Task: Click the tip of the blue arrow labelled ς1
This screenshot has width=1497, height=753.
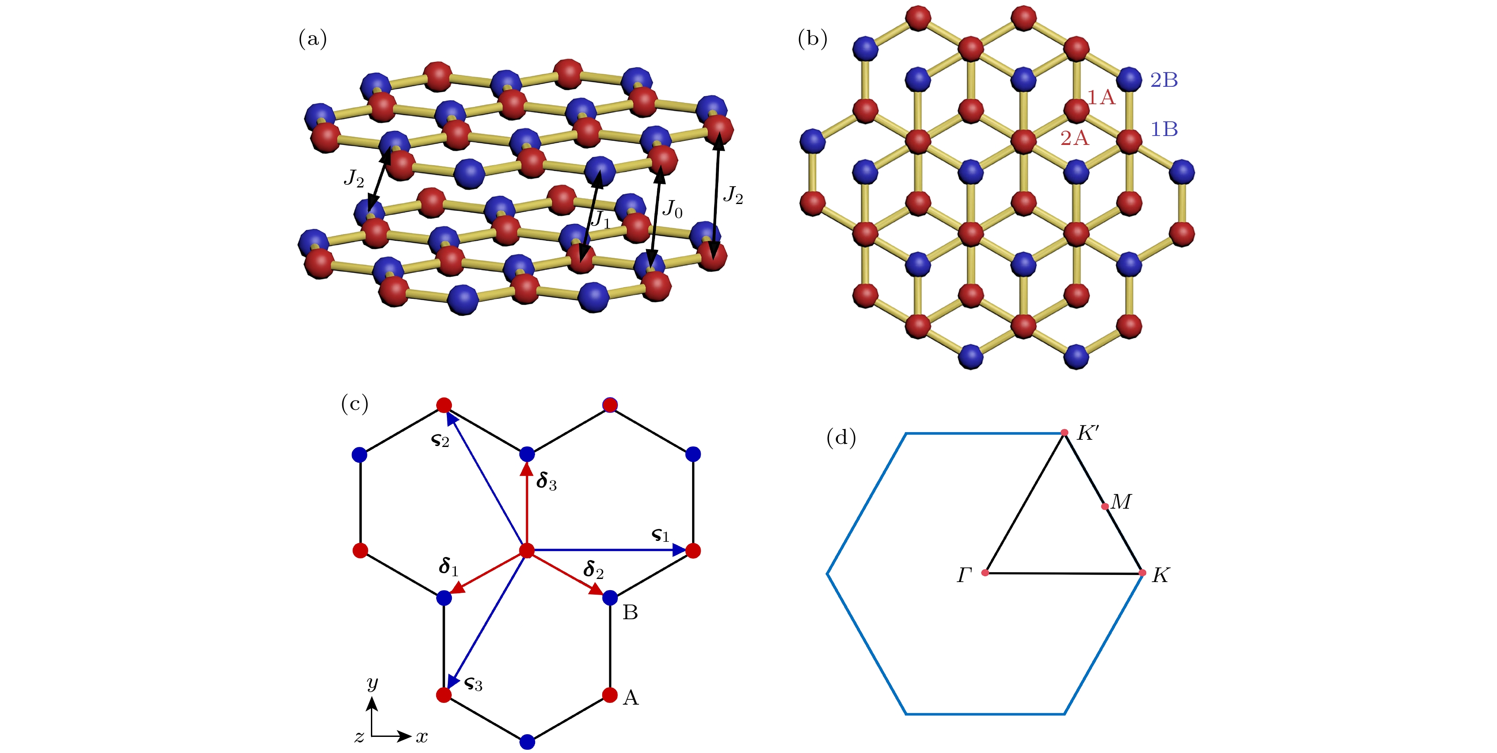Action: pyautogui.click(x=686, y=549)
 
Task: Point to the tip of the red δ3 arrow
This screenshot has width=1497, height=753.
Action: pyautogui.click(x=527, y=463)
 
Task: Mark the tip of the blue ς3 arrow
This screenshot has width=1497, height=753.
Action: pyautogui.click(x=448, y=688)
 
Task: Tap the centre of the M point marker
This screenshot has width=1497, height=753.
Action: pyautogui.click(x=1105, y=506)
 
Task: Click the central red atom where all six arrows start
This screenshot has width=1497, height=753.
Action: pyautogui.click(x=527, y=550)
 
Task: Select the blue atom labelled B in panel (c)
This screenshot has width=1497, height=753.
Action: pyautogui.click(x=610, y=597)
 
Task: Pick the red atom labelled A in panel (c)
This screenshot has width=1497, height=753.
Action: pyautogui.click(x=610, y=694)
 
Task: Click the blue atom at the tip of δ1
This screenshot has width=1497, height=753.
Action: pyautogui.click(x=444, y=597)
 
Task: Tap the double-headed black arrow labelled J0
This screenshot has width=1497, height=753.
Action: pyautogui.click(x=656, y=216)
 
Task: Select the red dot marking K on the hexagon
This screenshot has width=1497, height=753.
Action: pyautogui.click(x=1143, y=573)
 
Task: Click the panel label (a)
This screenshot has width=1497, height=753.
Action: pyautogui.click(x=313, y=39)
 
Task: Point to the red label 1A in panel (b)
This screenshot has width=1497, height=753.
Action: pyautogui.click(x=1101, y=97)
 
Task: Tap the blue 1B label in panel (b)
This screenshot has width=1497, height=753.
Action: pyautogui.click(x=1164, y=129)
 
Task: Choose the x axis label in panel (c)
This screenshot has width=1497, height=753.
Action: pyautogui.click(x=422, y=737)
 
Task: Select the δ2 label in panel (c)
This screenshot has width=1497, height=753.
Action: pyautogui.click(x=593, y=570)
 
